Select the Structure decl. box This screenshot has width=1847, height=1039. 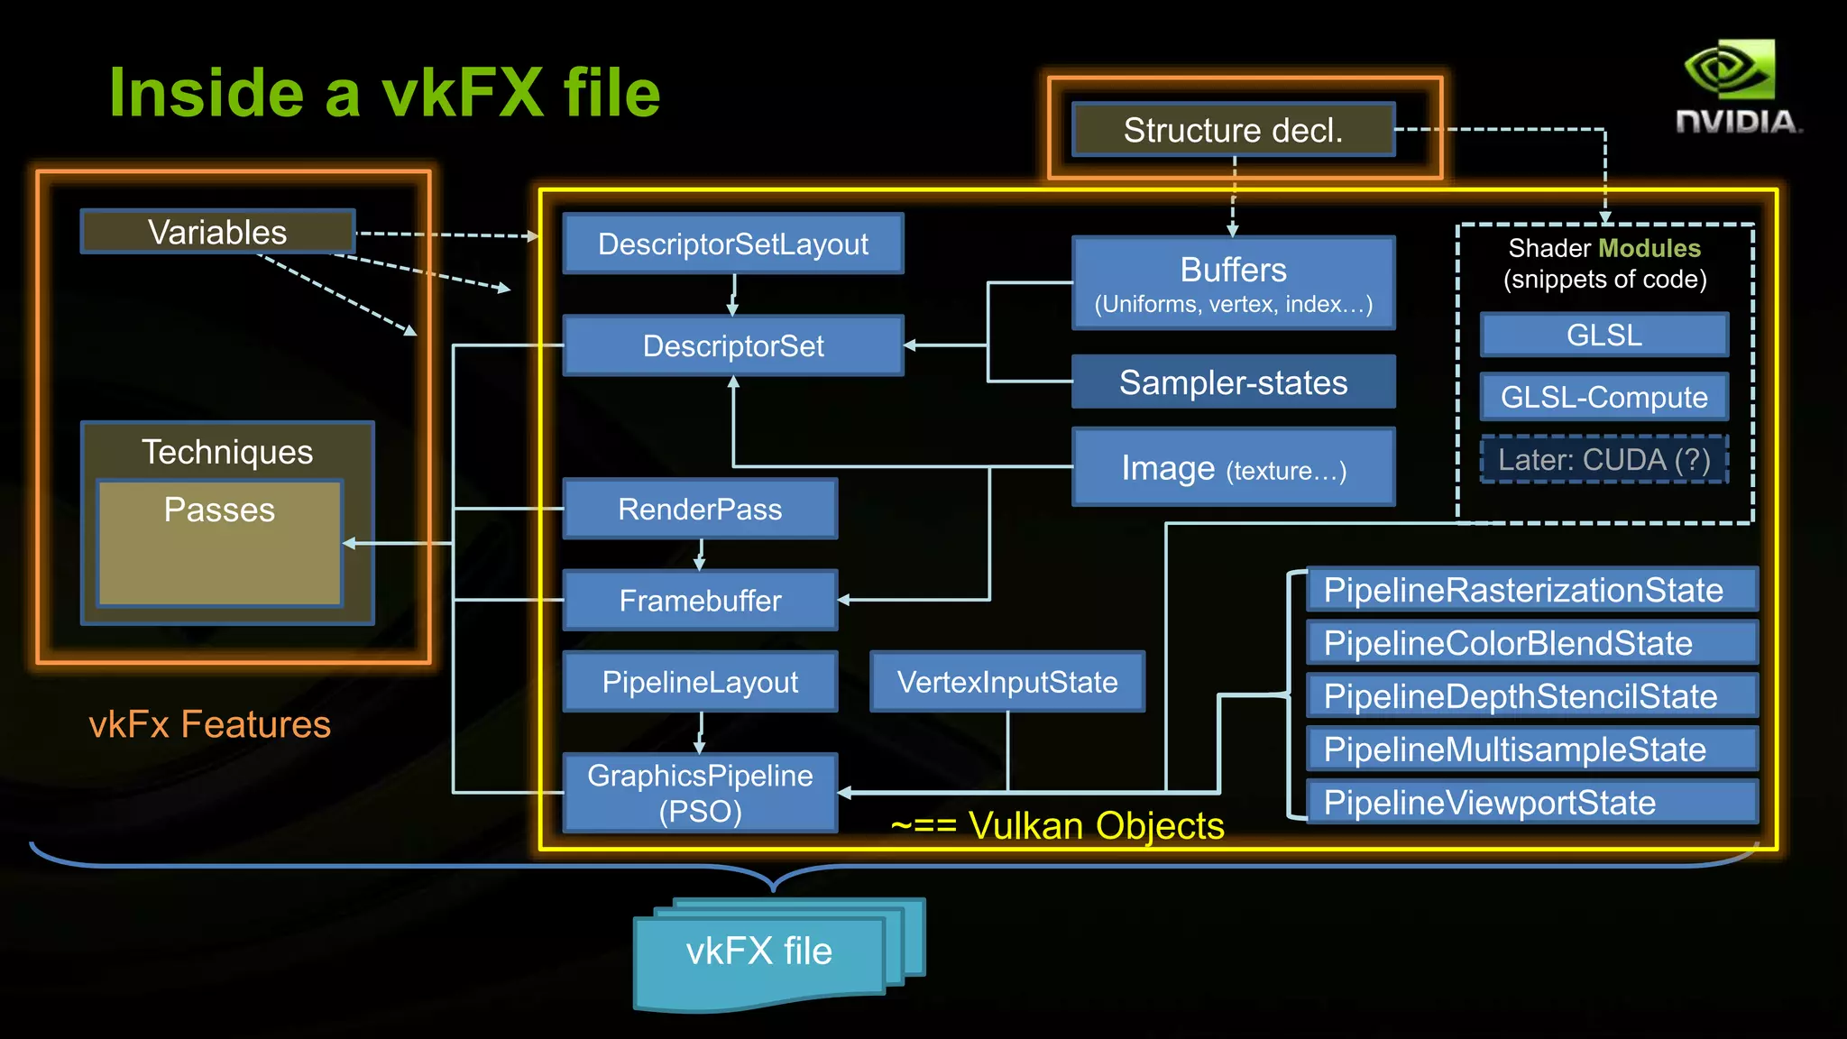click(1233, 130)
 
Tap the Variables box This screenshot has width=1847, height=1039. click(217, 232)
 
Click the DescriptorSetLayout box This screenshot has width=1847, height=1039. click(732, 244)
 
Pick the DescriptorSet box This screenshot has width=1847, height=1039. click(732, 345)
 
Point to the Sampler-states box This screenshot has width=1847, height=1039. click(1233, 382)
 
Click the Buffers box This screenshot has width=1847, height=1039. click(1233, 283)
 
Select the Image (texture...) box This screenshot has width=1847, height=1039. click(1233, 468)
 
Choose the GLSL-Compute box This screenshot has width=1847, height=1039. click(1603, 397)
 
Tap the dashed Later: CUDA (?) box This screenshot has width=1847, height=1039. click(1603, 460)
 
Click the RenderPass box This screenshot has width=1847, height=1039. click(700, 510)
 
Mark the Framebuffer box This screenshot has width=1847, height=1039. click(700, 601)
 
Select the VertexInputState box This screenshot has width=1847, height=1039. click(1006, 682)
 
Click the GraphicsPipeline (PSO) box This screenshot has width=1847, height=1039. click(700, 792)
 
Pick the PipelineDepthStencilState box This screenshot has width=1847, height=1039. click(1531, 696)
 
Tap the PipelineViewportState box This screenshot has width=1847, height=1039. click(1531, 803)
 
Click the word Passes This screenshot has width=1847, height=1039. click(219, 510)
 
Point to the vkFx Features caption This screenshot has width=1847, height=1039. click(209, 724)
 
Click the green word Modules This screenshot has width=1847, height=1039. click(1649, 248)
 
